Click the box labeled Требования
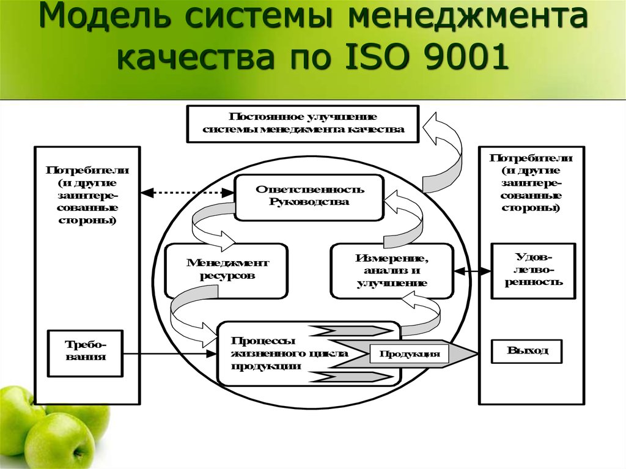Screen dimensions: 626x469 (85, 353)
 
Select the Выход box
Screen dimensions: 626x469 (526, 351)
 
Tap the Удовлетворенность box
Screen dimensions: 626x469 (533, 271)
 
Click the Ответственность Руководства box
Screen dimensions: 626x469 (309, 198)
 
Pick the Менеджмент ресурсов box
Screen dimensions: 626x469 (226, 271)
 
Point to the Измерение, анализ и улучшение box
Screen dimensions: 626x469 (392, 271)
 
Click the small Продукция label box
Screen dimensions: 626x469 (409, 353)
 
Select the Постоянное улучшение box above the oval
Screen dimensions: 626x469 (303, 124)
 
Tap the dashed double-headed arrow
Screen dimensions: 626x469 (188, 193)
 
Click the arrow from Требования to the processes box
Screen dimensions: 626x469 (170, 353)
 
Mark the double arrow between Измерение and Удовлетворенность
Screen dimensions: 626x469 (473, 271)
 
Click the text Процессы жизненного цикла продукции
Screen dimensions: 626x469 (289, 353)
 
